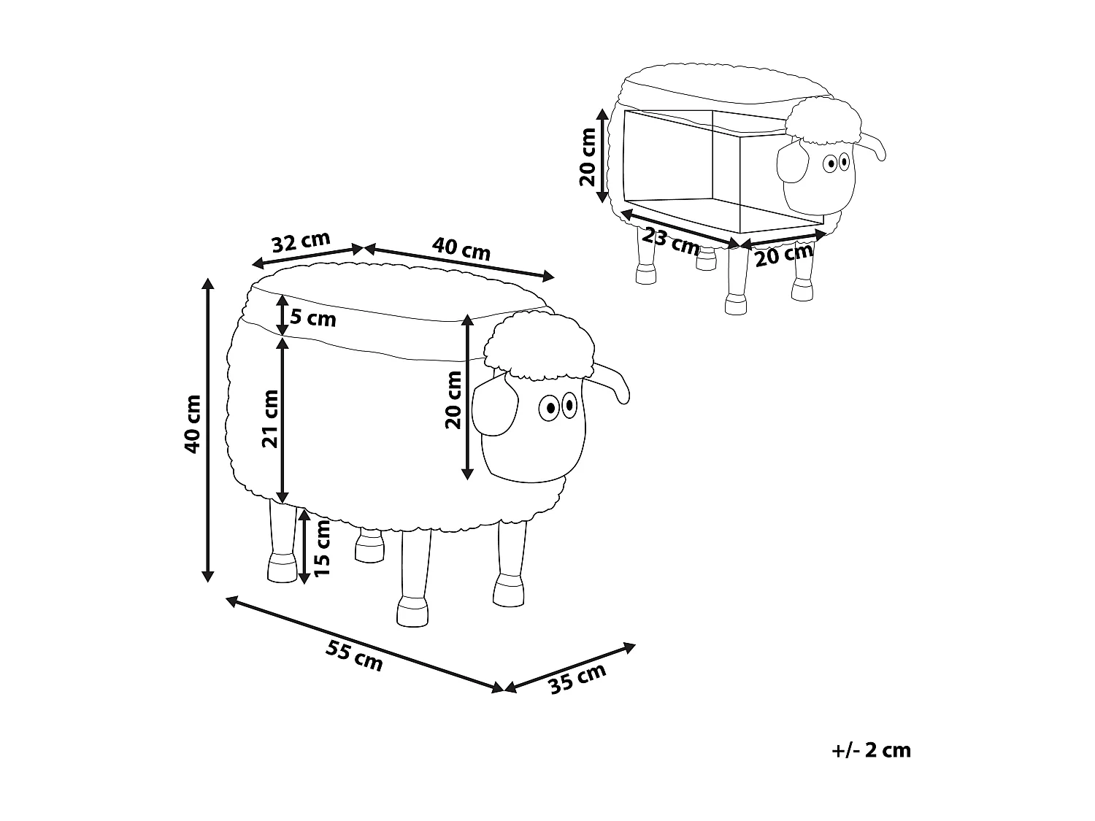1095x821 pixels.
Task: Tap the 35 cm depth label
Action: (577, 679)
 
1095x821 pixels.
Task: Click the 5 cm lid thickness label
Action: (313, 318)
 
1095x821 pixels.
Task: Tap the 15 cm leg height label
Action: (323, 547)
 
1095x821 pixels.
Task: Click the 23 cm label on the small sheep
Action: (671, 240)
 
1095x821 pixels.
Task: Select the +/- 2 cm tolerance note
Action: (871, 749)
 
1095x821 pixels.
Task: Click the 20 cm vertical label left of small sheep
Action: (588, 157)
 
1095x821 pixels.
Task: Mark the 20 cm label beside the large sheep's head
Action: (453, 399)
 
